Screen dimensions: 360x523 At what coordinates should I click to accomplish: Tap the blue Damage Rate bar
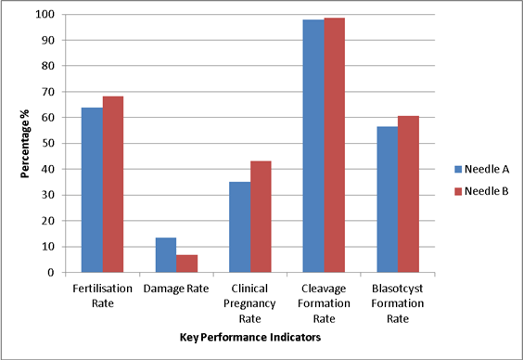click(x=165, y=255)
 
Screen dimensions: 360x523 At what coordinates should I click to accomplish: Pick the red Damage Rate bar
click(x=186, y=264)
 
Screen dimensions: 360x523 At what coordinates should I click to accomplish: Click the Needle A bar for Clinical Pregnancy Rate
click(x=239, y=227)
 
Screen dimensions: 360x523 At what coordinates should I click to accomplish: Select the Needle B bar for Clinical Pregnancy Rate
click(x=261, y=217)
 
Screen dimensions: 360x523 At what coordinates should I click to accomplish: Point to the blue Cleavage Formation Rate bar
click(x=313, y=146)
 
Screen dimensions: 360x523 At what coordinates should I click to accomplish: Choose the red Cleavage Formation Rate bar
click(x=335, y=145)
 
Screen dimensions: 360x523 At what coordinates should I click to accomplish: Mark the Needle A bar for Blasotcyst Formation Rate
click(x=387, y=199)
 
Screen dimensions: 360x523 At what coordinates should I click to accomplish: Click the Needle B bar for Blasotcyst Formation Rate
click(x=408, y=194)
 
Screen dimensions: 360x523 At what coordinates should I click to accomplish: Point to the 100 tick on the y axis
click(x=45, y=15)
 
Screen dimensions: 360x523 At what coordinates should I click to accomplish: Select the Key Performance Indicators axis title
click(x=249, y=338)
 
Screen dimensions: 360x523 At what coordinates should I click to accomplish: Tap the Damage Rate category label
click(x=176, y=289)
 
